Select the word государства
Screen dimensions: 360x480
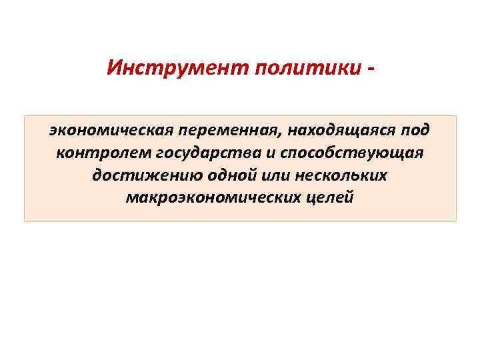click(x=209, y=152)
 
